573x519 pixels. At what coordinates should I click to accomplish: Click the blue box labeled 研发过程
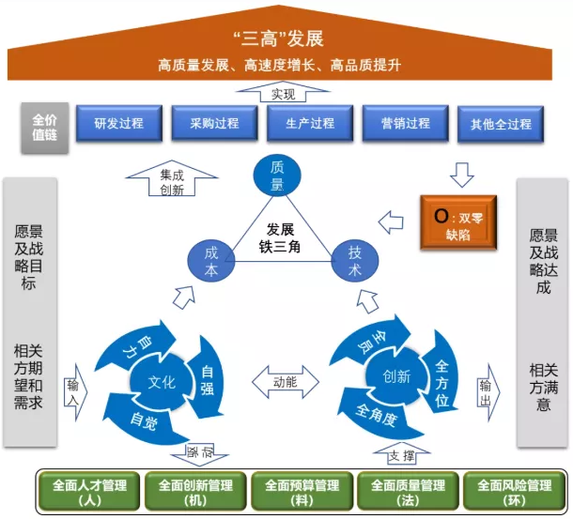coord(117,123)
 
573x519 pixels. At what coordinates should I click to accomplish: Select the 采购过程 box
coord(214,123)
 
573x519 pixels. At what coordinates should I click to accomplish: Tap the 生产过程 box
coord(310,123)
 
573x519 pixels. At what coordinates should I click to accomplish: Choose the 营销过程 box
coord(406,123)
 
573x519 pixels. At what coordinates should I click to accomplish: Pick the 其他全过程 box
coord(500,124)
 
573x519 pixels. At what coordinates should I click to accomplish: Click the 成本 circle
coord(210,260)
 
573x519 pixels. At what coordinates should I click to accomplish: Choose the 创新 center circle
coord(395,376)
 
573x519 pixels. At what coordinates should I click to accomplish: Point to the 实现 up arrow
coord(284,92)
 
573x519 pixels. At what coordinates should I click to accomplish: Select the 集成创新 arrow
coord(172,178)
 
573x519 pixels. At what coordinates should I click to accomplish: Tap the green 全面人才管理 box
coord(90,491)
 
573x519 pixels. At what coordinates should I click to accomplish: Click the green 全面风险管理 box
coord(514,491)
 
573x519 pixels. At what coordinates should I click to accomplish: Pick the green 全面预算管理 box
coord(302,491)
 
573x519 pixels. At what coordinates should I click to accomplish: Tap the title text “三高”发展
coord(286,38)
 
